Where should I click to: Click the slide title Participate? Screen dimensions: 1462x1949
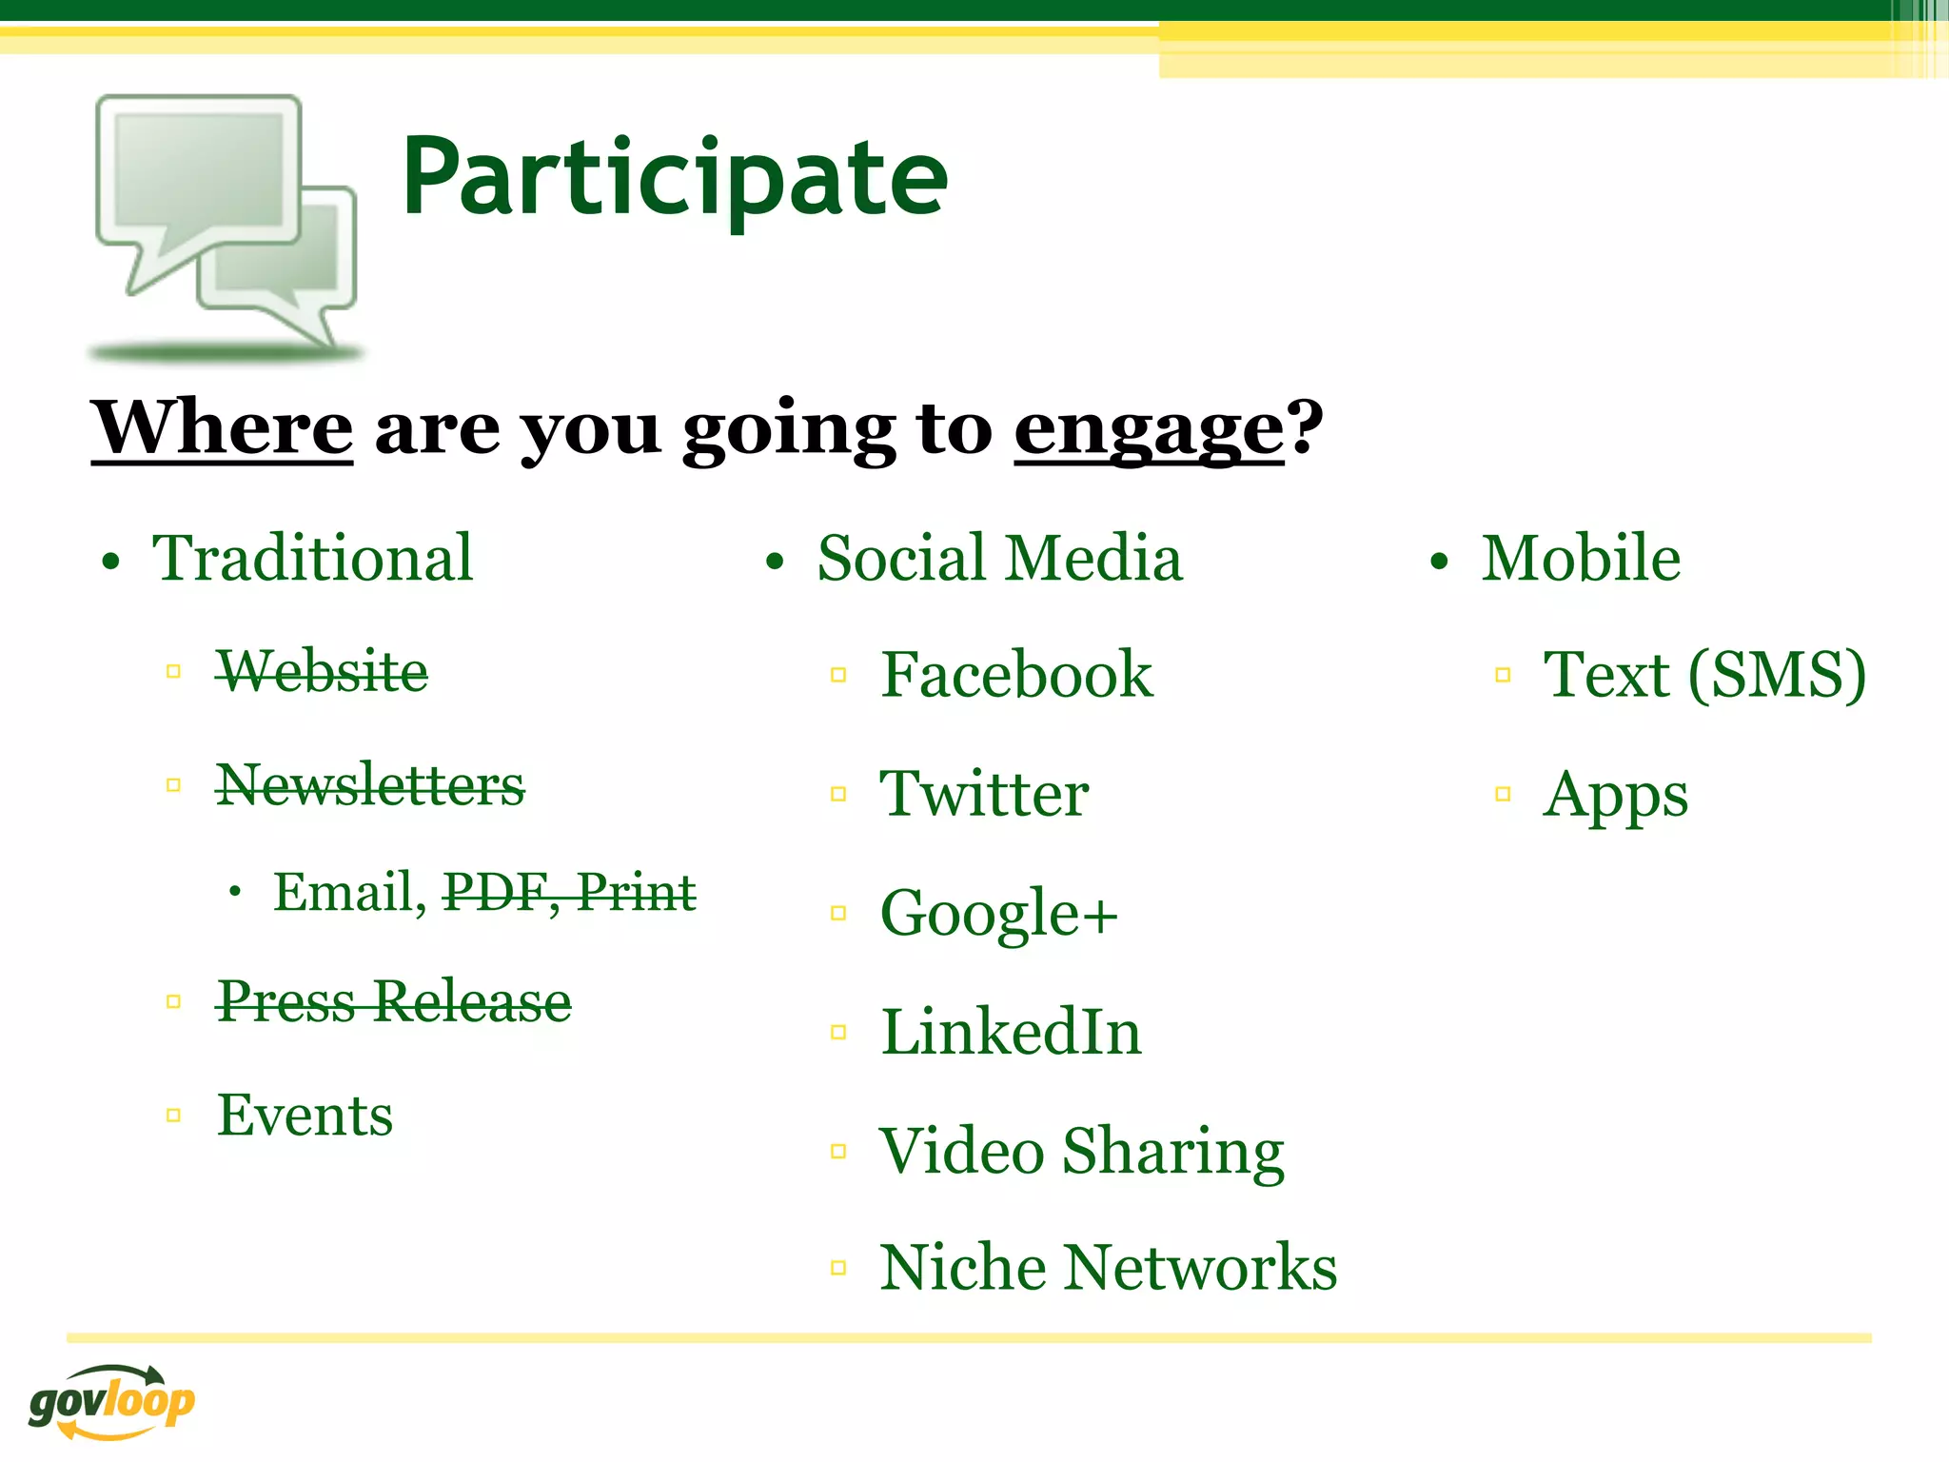point(674,178)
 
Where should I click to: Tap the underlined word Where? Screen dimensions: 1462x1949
point(222,428)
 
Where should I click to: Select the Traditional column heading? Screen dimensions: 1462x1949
point(312,558)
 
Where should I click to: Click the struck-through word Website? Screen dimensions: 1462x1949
point(322,671)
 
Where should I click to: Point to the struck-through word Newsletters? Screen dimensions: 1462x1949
point(370,785)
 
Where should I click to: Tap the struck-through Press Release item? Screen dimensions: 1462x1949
point(394,1001)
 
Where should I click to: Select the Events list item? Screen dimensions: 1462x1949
point(305,1115)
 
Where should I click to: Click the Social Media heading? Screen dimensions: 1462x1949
point(999,558)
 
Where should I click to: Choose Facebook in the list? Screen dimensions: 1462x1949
point(1016,675)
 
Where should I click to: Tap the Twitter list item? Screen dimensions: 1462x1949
point(984,794)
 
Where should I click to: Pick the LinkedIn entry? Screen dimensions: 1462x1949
point(1011,1032)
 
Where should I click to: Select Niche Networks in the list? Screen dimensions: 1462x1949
point(1108,1268)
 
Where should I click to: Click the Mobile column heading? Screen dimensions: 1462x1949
point(1581,558)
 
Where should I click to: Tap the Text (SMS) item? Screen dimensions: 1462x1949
point(1703,675)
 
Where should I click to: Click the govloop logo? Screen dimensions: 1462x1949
point(111,1402)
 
